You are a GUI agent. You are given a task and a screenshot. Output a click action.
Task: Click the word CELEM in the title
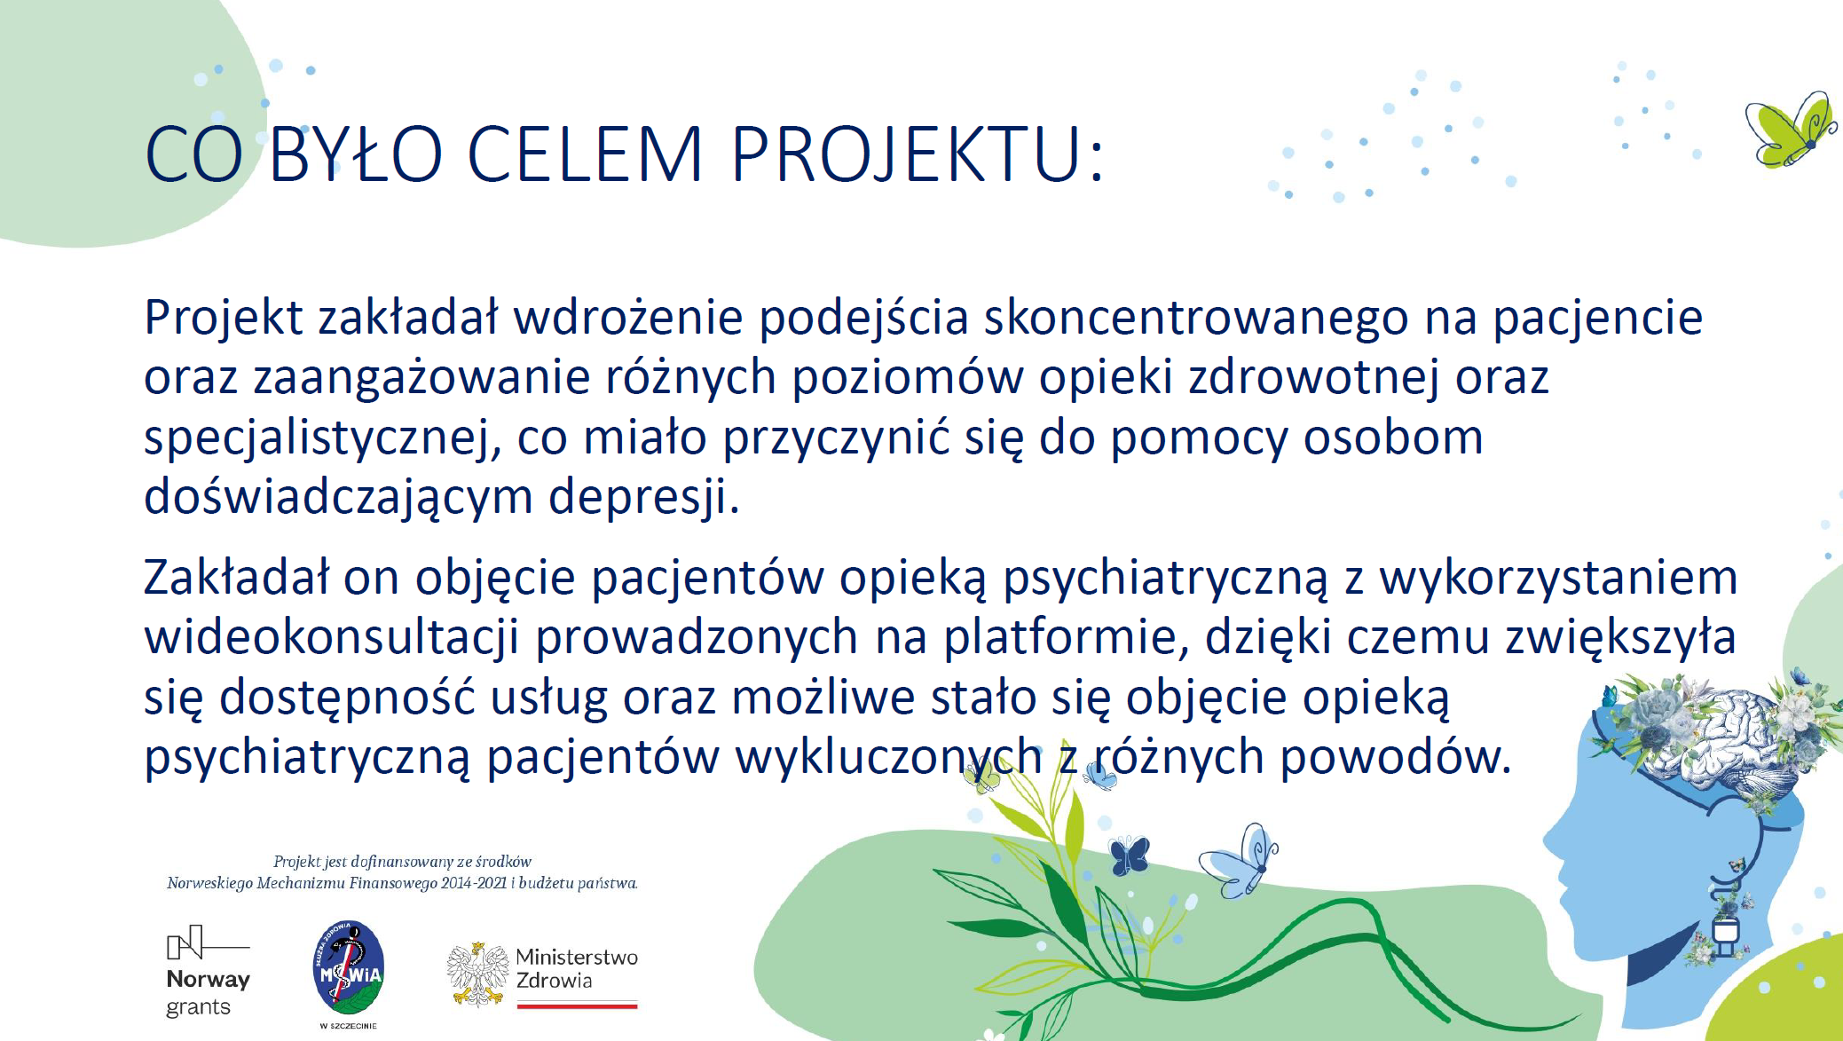pos(584,154)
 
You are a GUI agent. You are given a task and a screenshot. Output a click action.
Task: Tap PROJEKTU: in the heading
pos(918,155)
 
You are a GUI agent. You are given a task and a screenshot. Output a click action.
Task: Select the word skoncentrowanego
pos(1196,318)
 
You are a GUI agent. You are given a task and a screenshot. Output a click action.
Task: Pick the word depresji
pos(643,497)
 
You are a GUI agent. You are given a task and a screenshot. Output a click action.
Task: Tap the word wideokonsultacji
pos(332,637)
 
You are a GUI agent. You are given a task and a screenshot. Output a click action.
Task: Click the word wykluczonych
pos(888,757)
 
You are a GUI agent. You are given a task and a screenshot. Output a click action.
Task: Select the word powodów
pos(1395,757)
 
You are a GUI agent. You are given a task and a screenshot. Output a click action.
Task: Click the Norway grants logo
pos(209,972)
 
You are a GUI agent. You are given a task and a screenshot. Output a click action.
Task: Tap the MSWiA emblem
pos(349,968)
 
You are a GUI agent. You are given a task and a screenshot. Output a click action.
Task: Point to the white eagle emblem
pos(477,974)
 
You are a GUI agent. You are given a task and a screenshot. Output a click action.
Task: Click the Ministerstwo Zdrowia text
pos(577,968)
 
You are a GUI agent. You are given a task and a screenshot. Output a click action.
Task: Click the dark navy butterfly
pos(1130,855)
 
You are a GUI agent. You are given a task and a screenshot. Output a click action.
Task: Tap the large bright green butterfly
pos(1790,130)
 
